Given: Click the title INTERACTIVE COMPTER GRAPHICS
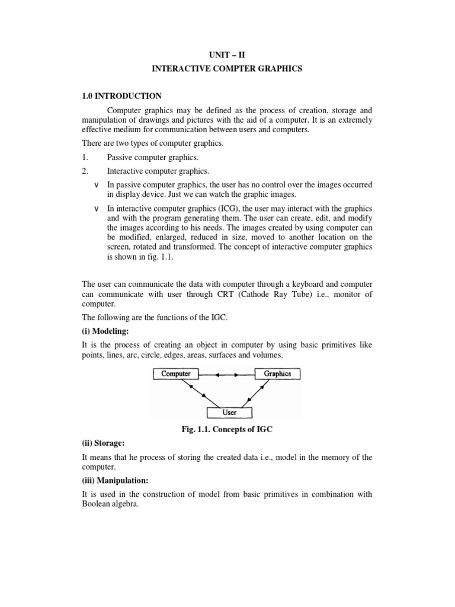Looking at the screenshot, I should tap(227, 69).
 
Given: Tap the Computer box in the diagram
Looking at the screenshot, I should tap(176, 374).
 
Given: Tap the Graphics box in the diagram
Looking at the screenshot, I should tap(277, 374).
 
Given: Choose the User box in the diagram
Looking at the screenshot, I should tap(229, 413).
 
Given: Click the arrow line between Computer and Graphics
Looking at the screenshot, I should tap(226, 375).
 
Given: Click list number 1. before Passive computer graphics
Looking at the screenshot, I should tap(85, 157).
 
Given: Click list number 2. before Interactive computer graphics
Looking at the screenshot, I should tap(85, 171).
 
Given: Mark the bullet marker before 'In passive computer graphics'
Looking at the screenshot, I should tap(97, 184).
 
